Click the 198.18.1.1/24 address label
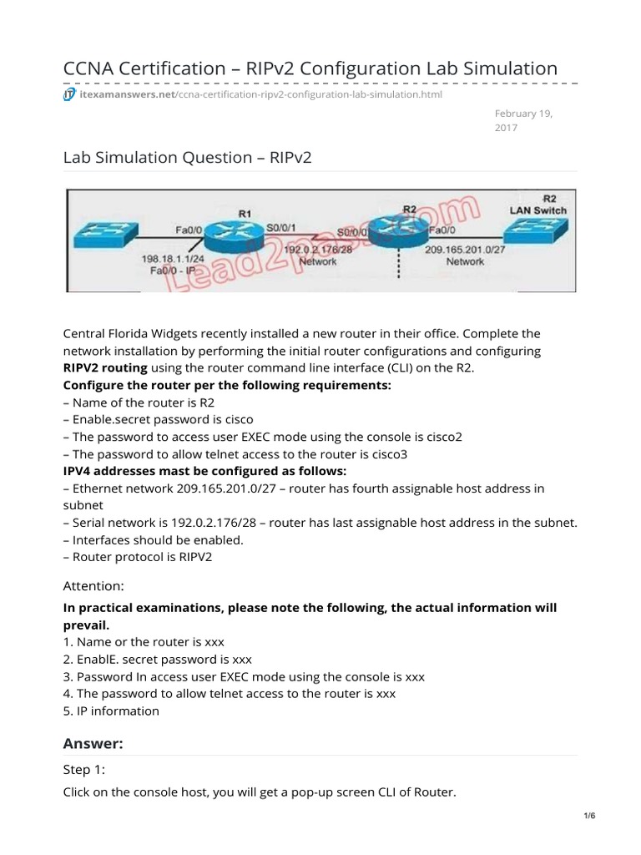pos(173,260)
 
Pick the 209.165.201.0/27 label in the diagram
pos(466,249)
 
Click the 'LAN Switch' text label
pos(538,210)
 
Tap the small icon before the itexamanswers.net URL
pos(70,94)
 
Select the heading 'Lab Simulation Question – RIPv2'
pos(187,157)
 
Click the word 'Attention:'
pos(92,587)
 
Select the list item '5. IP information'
pos(111,711)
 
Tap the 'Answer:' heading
pos(93,743)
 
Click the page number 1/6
pos(589,839)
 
